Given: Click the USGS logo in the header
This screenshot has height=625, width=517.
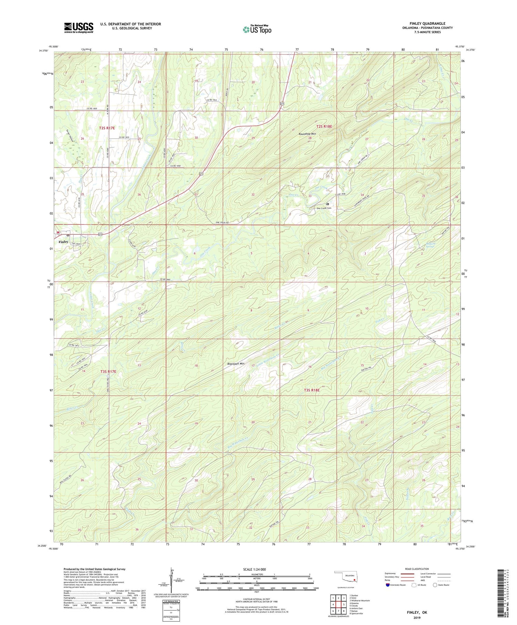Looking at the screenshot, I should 79,28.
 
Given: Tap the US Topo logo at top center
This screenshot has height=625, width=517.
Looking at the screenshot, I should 257,29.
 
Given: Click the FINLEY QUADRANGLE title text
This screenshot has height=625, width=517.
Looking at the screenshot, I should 427,23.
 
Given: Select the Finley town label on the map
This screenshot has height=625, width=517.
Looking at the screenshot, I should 63,242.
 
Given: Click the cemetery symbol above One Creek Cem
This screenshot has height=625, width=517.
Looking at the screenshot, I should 327,204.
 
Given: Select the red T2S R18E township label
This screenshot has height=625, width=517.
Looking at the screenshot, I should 324,127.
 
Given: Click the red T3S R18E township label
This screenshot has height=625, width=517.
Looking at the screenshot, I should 312,390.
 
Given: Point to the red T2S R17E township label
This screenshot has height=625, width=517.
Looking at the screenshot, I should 107,128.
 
